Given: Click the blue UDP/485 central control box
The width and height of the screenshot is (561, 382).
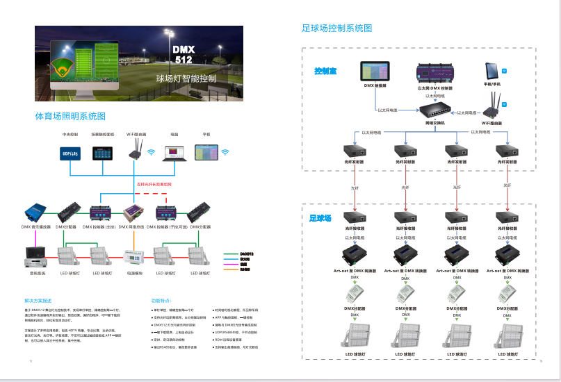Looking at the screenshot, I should tap(70, 153).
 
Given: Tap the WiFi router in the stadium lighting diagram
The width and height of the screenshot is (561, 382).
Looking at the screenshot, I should tap(135, 149).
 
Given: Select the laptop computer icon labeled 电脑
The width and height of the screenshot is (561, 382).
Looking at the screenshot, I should tap(174, 152).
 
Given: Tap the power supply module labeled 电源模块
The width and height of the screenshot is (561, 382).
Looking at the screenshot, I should tap(133, 258).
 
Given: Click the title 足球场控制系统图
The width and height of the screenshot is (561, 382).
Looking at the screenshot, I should tap(337, 28).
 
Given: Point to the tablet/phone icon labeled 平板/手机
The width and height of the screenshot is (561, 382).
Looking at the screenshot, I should tap(491, 71).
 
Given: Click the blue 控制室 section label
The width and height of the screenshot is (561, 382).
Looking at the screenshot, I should tap(325, 71).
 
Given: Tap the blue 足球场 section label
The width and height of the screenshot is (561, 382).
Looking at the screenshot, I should tap(320, 219).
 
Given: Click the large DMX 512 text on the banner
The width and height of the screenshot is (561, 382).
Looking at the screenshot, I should tap(184, 55).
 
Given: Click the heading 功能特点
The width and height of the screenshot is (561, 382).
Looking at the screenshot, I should tap(161, 301).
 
